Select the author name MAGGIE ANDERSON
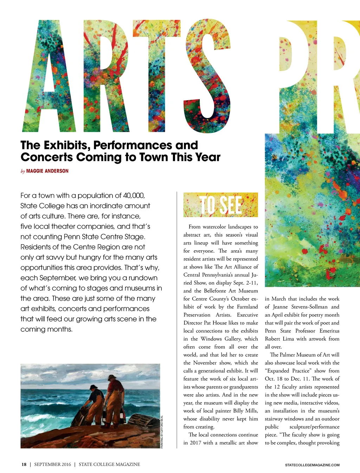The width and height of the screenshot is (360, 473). click(x=47, y=171)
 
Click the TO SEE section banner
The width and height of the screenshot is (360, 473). click(x=220, y=205)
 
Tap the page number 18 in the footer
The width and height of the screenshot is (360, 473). click(x=24, y=464)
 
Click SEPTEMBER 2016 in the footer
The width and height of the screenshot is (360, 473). click(x=52, y=464)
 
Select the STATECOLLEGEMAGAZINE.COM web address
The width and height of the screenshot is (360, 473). click(x=312, y=465)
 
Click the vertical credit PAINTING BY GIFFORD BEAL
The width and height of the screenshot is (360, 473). click(x=162, y=432)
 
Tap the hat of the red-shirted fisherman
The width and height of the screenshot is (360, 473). click(x=112, y=378)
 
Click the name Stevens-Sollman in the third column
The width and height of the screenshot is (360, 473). click(x=309, y=307)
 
